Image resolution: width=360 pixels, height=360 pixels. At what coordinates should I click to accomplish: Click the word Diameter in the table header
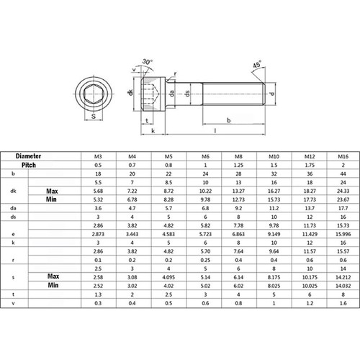click(30, 156)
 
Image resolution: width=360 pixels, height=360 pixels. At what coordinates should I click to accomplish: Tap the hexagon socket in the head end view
click(94, 93)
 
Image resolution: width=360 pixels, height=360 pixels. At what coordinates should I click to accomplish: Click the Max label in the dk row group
click(52, 191)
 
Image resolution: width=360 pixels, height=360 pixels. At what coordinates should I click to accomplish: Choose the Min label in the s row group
click(52, 285)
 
